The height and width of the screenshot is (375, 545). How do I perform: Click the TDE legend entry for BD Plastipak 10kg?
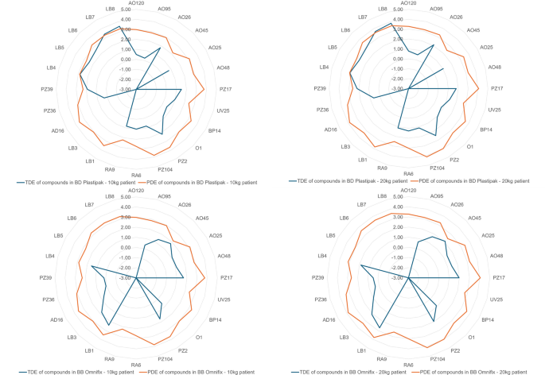pos(75,182)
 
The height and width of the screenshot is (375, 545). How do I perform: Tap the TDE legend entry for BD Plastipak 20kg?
pos(346,181)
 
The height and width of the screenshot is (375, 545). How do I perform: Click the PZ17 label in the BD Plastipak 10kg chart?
pos(226,89)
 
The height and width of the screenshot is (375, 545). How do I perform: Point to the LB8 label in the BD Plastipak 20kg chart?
pos(382,9)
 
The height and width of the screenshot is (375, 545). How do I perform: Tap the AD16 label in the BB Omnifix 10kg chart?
pos(57,319)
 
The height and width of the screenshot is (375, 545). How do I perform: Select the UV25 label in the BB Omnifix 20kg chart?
pos(494,300)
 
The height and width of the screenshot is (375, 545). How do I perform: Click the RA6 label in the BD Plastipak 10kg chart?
pos(136,174)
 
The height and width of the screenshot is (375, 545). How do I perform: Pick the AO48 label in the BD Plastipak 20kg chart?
pos(494,68)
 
